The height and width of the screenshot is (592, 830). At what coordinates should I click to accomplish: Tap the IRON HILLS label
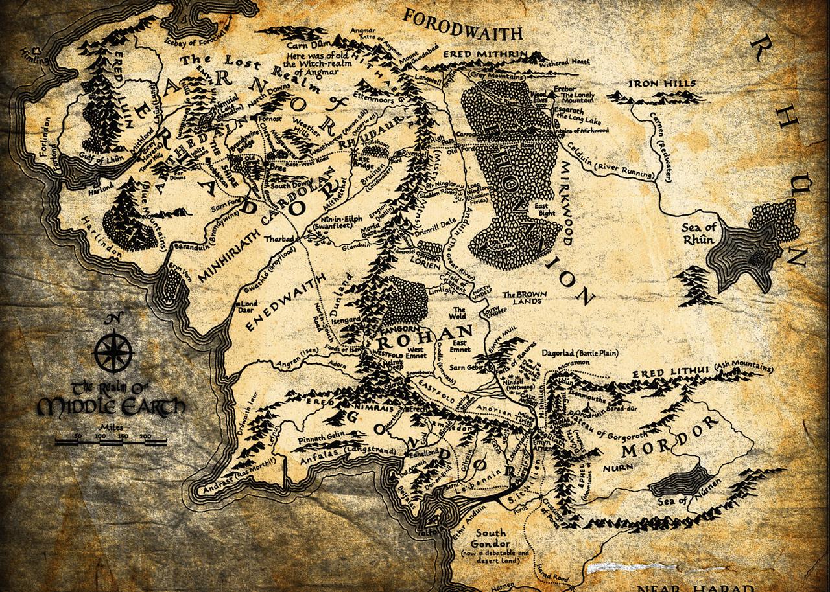[x=661, y=84]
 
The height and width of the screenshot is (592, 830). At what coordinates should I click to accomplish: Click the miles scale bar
[x=110, y=442]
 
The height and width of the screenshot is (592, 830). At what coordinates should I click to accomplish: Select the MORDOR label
[x=671, y=437]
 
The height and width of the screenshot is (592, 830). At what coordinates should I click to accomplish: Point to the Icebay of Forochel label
[x=203, y=39]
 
